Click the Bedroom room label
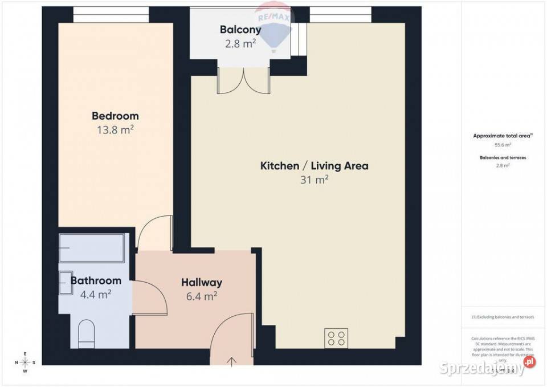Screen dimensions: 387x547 (115, 116)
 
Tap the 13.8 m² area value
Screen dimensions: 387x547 (115, 130)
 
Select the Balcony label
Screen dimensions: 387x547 (240, 30)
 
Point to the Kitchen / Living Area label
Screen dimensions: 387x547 (314, 166)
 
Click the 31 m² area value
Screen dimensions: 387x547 (314, 180)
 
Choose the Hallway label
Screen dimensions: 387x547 (202, 282)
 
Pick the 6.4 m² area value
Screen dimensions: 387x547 (202, 296)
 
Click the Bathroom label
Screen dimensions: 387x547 (96, 280)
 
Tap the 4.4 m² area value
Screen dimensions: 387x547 (96, 294)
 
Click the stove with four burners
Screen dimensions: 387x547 (336, 338)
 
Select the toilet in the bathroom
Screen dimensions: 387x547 (87, 333)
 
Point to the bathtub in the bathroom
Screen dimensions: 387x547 (92, 248)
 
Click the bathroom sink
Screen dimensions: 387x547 (64, 280)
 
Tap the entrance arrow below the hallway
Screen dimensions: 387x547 (232, 361)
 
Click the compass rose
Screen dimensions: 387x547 (25, 362)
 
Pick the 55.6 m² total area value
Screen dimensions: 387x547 (503, 145)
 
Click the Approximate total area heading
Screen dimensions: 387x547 (503, 136)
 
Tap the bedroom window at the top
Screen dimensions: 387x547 (111, 14)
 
